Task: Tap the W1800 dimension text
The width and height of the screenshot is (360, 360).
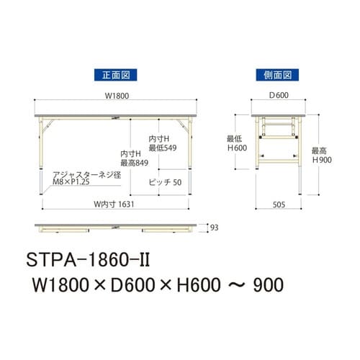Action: [115, 99]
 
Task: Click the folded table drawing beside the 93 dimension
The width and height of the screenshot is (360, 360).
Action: [115, 228]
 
